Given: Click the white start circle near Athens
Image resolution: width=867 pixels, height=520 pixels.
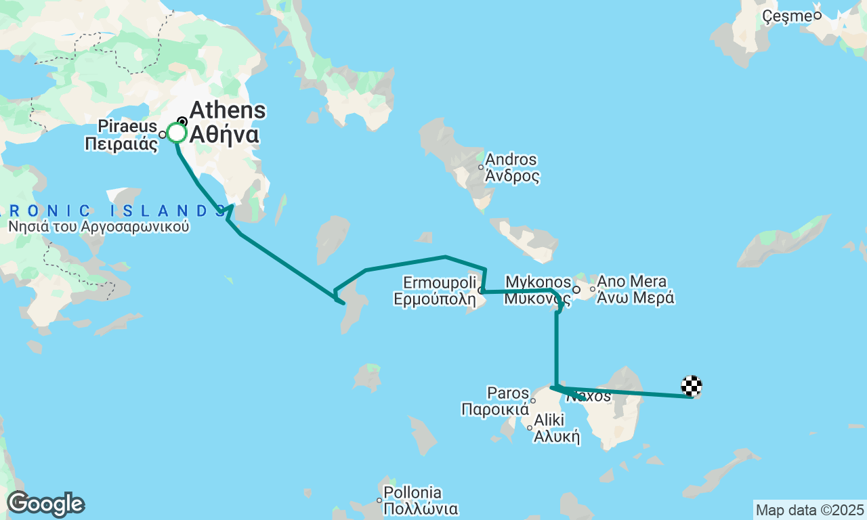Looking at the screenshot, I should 177,133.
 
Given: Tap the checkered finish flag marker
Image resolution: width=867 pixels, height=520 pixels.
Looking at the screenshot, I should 692,386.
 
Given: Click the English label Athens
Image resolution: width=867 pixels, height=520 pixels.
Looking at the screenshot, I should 228,111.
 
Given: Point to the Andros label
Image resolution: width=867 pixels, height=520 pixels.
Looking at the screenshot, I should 511,160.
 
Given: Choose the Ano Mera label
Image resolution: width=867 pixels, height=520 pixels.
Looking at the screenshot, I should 632,282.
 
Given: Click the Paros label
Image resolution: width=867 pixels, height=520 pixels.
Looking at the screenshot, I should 508,393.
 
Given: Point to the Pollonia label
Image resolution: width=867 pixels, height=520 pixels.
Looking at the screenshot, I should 413,493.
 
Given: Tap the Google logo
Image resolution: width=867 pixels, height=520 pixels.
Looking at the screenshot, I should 45,504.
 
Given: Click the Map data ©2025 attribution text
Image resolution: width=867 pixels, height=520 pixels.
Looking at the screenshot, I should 809,510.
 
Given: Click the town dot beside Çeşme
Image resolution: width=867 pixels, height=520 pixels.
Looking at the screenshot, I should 818,16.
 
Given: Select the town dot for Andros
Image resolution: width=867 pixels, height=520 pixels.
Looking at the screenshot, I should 481,167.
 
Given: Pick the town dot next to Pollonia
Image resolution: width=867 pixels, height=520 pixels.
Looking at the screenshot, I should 379,500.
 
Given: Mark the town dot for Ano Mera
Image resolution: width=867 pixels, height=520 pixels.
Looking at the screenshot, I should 593,290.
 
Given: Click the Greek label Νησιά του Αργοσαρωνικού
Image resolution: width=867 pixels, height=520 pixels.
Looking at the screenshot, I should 98,227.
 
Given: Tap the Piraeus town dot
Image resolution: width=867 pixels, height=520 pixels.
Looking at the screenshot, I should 163,135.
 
